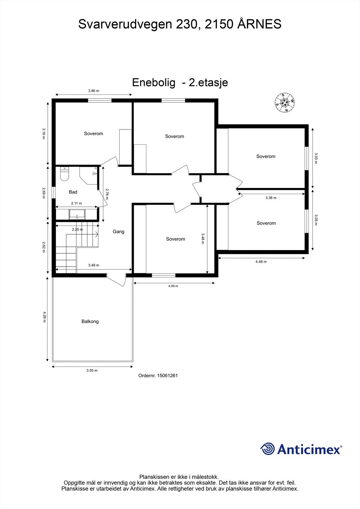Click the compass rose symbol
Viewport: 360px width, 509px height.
coord(285,102)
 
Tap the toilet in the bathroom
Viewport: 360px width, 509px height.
coord(65,174)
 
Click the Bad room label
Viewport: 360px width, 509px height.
coord(73,192)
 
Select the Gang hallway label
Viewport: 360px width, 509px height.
coord(118,232)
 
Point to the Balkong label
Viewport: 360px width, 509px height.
coord(90,322)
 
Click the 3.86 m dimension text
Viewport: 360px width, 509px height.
coord(94,91)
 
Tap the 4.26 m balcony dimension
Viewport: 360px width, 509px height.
coord(45,317)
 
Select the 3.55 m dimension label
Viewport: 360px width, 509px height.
coord(92,370)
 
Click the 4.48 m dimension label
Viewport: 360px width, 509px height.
coord(261,262)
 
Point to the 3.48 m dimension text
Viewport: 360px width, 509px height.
coord(203,239)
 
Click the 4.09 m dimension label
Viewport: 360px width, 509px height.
coord(173,286)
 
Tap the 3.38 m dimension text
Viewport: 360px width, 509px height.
coord(271,198)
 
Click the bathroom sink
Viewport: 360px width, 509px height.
coord(77,214)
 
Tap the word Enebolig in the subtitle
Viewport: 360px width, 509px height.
coord(154,83)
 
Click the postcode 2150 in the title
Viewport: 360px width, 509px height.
coord(219,24)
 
